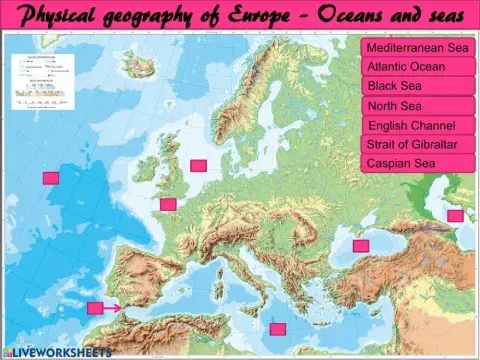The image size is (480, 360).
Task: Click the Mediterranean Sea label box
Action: pos(417,48)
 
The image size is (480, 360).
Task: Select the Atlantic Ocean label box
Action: pos(417,67)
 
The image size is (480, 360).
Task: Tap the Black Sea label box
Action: pos(417,87)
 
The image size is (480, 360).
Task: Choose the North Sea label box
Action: pos(417,106)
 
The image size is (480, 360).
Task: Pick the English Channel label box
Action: pos(417,125)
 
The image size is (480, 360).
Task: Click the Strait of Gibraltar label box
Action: pos(417,144)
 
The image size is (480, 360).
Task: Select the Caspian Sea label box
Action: pos(417,163)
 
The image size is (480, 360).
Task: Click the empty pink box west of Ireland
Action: pos(51,177)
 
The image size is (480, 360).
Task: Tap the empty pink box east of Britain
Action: pos(198,165)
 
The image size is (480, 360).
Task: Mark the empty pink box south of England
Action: pos(168,205)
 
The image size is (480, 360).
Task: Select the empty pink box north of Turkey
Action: pos(361,245)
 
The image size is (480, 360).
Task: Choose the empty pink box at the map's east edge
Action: pos(455,215)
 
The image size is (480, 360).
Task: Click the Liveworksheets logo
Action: pos(50,352)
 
